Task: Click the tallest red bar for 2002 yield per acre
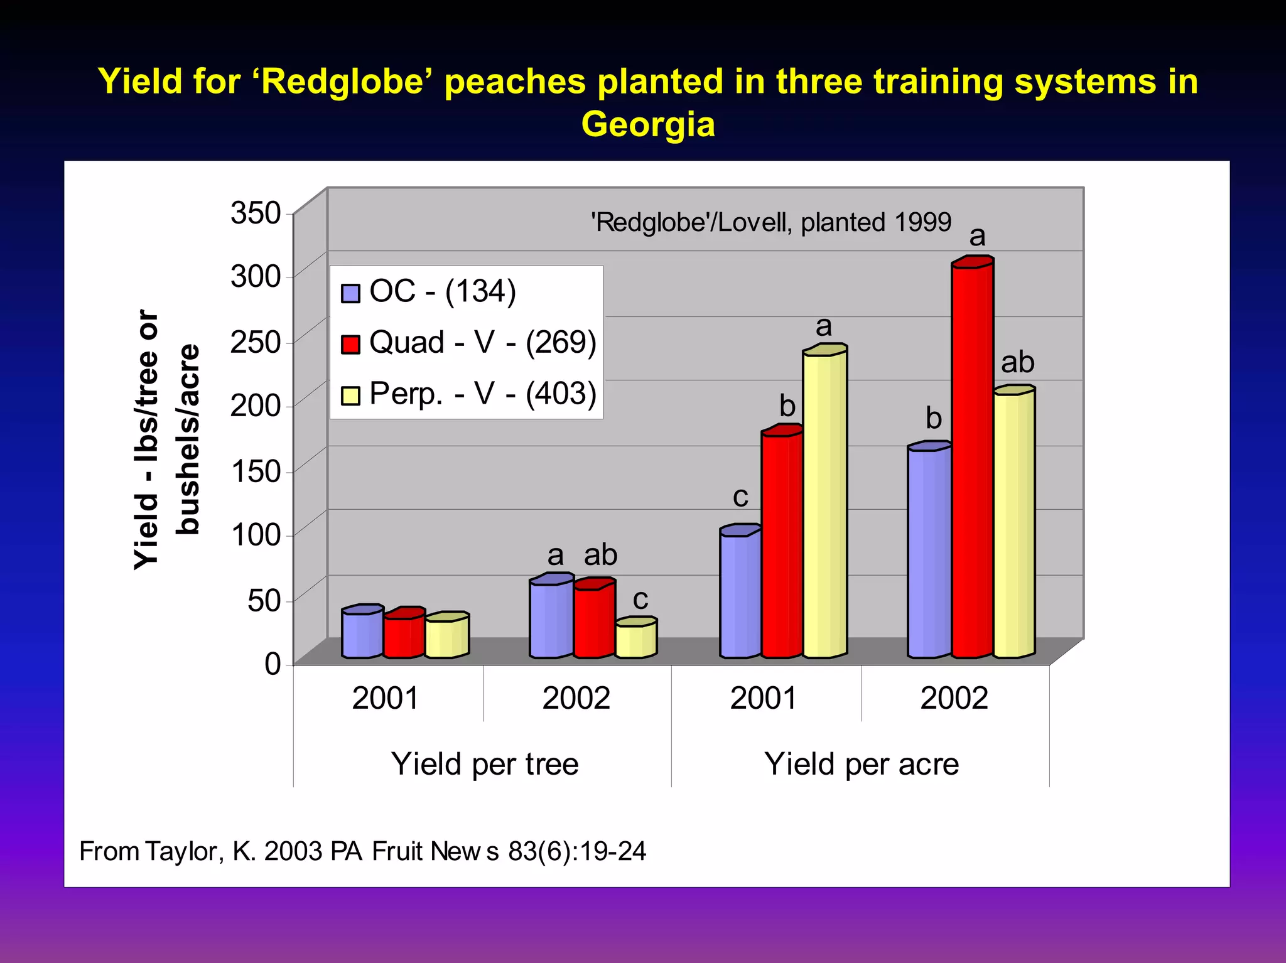(971, 458)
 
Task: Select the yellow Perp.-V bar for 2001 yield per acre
(824, 502)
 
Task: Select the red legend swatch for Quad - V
(350, 344)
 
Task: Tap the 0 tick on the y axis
(273, 664)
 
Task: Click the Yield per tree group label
(484, 764)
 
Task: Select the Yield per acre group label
(861, 764)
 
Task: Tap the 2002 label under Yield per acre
(954, 698)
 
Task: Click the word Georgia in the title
(648, 124)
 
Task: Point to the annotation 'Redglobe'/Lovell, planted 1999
(771, 222)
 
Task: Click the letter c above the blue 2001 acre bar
(740, 497)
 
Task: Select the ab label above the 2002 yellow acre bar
(1017, 362)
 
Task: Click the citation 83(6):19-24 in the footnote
(577, 851)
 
